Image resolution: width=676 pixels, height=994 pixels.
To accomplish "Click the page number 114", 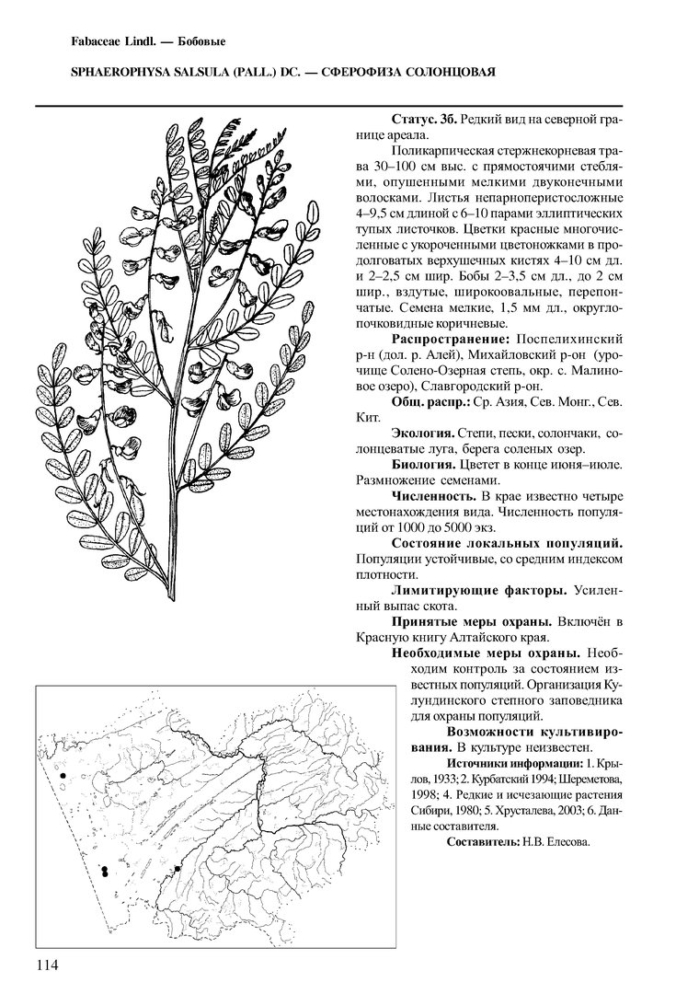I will click(47, 965).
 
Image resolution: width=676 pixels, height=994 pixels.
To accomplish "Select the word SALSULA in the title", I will click(159, 72).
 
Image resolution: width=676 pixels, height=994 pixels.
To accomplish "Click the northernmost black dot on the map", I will click(63, 777).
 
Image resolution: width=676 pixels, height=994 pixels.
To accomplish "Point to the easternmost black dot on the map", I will click(177, 868).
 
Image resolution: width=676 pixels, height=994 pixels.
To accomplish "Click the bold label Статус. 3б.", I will click(424, 120).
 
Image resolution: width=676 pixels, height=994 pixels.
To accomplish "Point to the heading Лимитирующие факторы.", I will click(478, 590).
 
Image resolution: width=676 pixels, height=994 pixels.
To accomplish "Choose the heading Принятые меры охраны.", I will click(472, 621).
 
